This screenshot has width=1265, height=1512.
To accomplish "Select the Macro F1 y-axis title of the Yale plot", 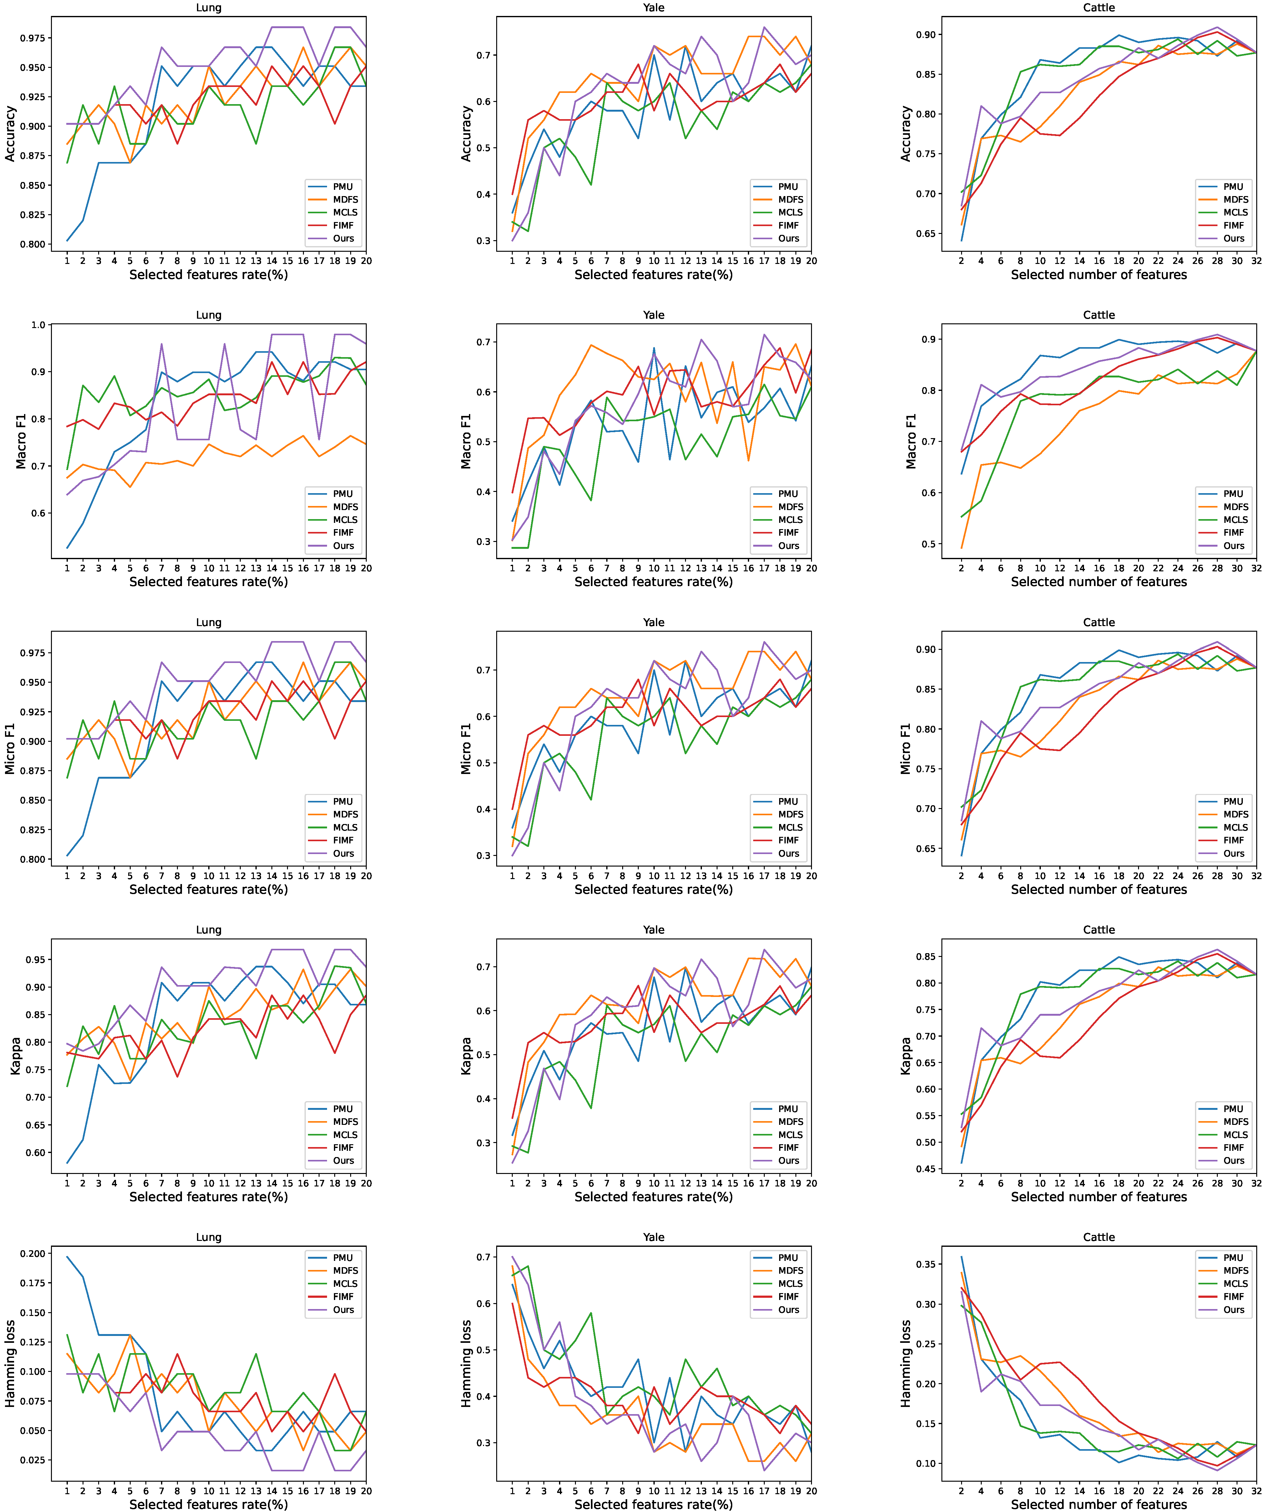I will [x=466, y=441].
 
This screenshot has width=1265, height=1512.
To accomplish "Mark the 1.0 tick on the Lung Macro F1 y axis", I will [x=38, y=325].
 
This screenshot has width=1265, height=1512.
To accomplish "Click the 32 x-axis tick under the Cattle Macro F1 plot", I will [x=1256, y=568].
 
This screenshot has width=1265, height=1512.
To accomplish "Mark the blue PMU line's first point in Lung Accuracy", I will [x=67, y=240].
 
